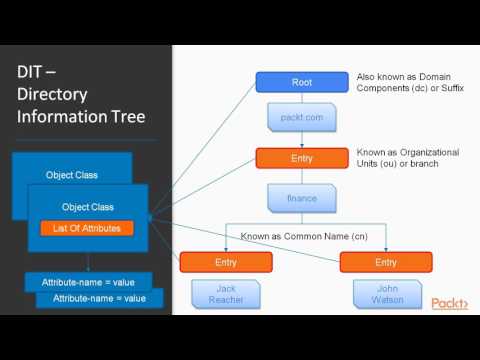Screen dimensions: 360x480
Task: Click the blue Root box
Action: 301,82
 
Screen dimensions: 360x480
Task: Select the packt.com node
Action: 301,119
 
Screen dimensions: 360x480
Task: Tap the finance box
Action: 301,197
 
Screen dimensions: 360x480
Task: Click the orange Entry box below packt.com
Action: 301,158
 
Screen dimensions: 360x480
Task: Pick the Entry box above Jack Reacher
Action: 226,261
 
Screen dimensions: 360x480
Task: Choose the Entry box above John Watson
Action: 385,261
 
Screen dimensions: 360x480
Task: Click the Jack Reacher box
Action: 226,293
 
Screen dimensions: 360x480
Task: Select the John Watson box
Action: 385,293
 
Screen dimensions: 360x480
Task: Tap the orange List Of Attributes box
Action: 88,229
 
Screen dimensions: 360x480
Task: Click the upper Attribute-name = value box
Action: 87,283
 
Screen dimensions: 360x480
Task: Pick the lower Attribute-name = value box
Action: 99,298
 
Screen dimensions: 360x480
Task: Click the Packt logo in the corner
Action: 449,303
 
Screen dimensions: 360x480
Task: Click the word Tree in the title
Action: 123,117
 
